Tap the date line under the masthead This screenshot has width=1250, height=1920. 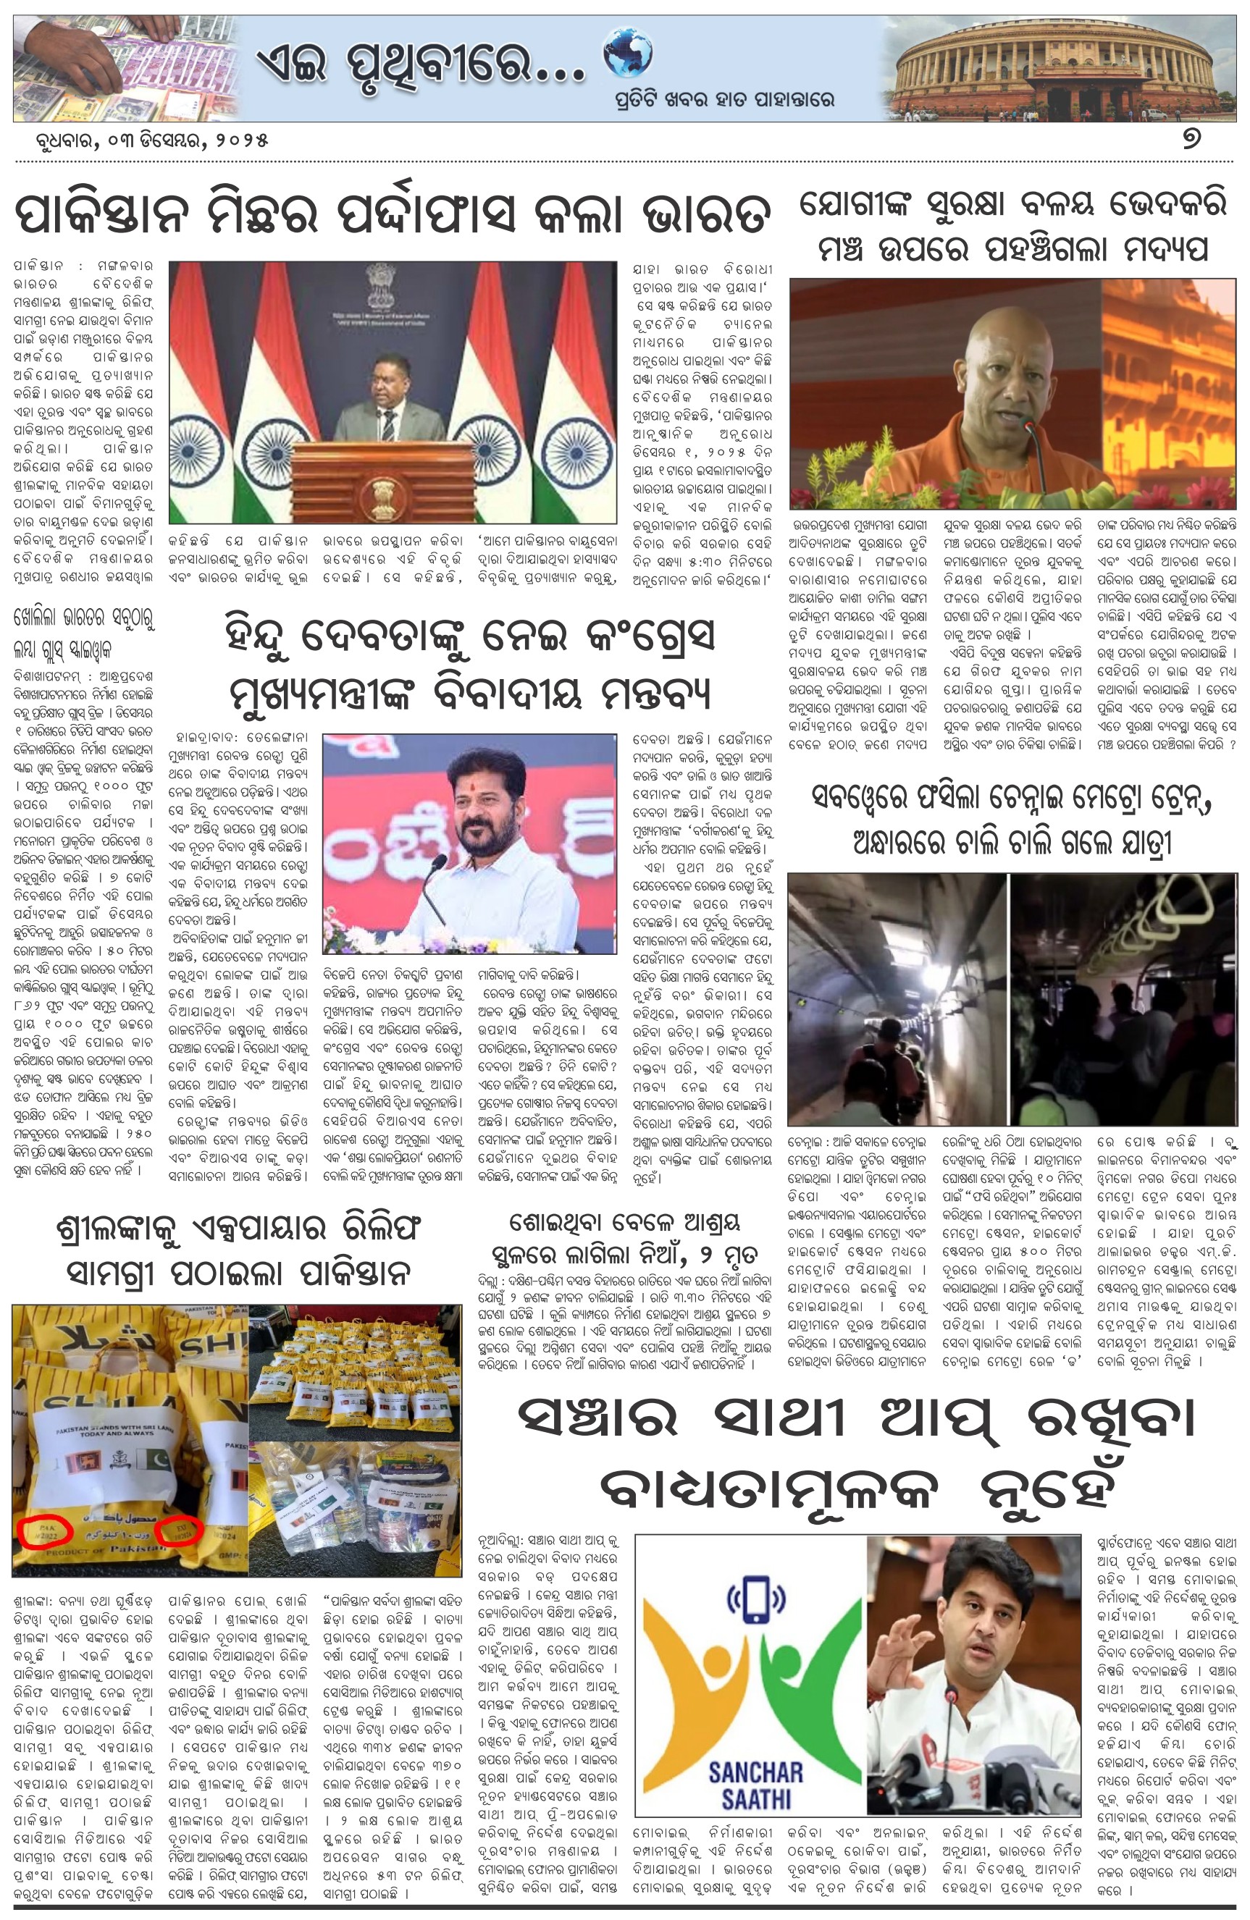pyautogui.click(x=141, y=139)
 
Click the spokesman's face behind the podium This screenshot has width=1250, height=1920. pyautogui.click(x=393, y=376)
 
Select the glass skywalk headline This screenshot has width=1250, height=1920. pyautogui.click(x=84, y=634)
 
